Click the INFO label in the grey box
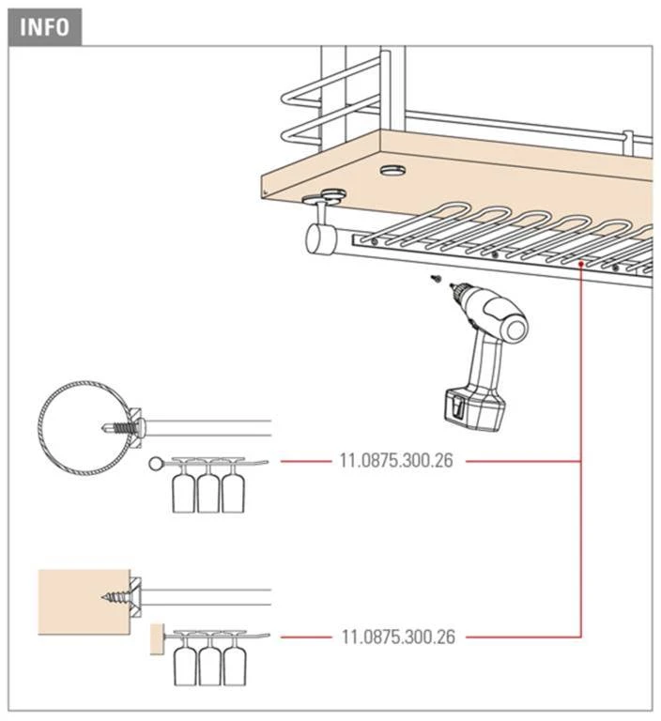click(x=45, y=26)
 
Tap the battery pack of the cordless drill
click(x=474, y=410)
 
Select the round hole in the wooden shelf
click(x=392, y=171)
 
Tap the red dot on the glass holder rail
click(x=582, y=265)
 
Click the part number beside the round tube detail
click(x=395, y=462)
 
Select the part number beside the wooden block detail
click(x=395, y=637)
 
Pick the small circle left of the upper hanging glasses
click(x=155, y=464)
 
